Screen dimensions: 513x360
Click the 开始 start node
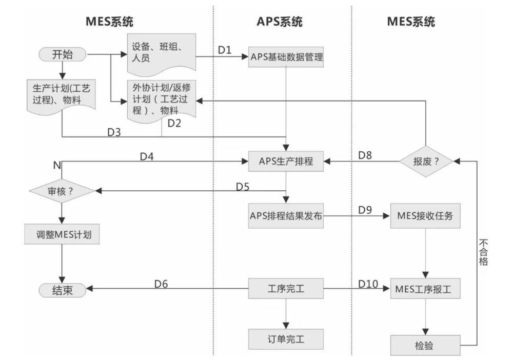coord(63,54)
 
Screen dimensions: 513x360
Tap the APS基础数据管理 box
coord(286,57)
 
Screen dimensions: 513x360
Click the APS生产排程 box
coord(286,161)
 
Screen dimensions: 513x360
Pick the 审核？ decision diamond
coord(62,191)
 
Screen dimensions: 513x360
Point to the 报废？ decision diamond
coord(426,161)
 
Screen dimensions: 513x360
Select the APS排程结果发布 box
coord(286,216)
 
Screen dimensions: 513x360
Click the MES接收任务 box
coord(425,216)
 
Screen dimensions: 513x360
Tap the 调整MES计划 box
coord(62,234)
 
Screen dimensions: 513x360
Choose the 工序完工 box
coord(286,288)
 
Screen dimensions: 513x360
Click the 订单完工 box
coord(286,339)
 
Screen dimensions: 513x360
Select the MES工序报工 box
coord(425,289)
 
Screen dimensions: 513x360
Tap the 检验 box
coord(425,345)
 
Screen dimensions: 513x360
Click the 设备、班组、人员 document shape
coord(162,53)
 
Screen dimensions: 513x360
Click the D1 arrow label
coord(225,50)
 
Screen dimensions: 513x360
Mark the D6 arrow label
coord(161,284)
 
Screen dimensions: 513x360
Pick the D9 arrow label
coord(365,210)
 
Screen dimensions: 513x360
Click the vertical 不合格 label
coord(484,252)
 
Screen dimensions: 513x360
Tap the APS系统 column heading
coord(280,22)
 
